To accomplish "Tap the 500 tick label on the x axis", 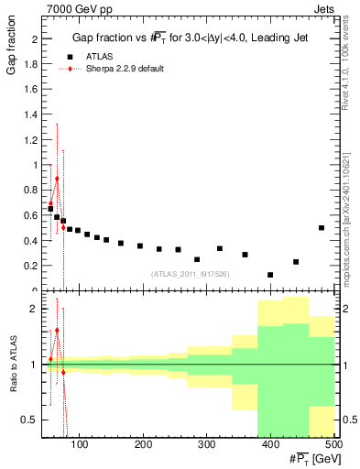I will click(333, 444).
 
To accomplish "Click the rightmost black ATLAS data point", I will click(322, 227).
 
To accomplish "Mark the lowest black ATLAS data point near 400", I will click(270, 275).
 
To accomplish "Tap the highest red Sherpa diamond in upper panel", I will click(57, 180).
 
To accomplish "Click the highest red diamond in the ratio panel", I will click(57, 330).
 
